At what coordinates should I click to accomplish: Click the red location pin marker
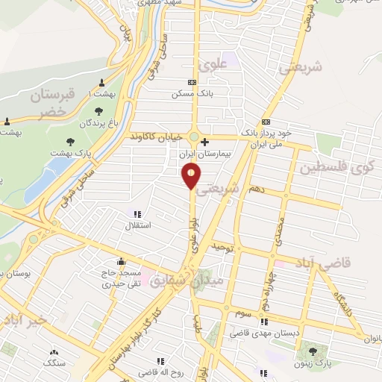pos(192,175)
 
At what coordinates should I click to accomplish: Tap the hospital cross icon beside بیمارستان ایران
pos(205,141)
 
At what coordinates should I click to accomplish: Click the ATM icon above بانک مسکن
pos(192,82)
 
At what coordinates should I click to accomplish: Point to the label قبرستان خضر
pos(52,103)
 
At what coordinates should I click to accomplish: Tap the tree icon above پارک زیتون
pos(313,351)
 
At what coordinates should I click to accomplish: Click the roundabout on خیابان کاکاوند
pos(194,137)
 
